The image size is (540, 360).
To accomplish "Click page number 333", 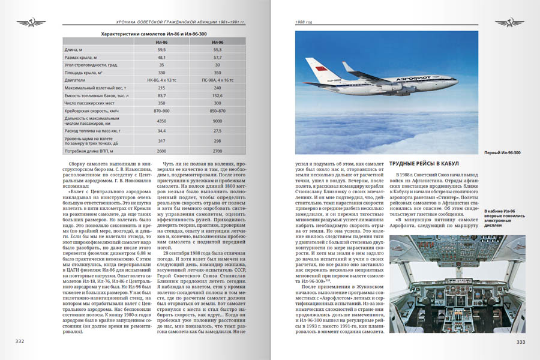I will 521,341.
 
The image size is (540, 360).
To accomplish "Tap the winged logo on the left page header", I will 27,23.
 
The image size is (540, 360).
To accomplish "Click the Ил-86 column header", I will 161,43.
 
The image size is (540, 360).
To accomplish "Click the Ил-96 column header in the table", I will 218,43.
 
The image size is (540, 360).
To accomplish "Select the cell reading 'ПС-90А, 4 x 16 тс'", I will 218,79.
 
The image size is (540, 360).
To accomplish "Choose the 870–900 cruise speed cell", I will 161,111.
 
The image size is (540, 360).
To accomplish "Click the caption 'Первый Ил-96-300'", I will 502,152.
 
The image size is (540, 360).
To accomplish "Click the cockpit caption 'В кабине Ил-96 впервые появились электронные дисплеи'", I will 502,219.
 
